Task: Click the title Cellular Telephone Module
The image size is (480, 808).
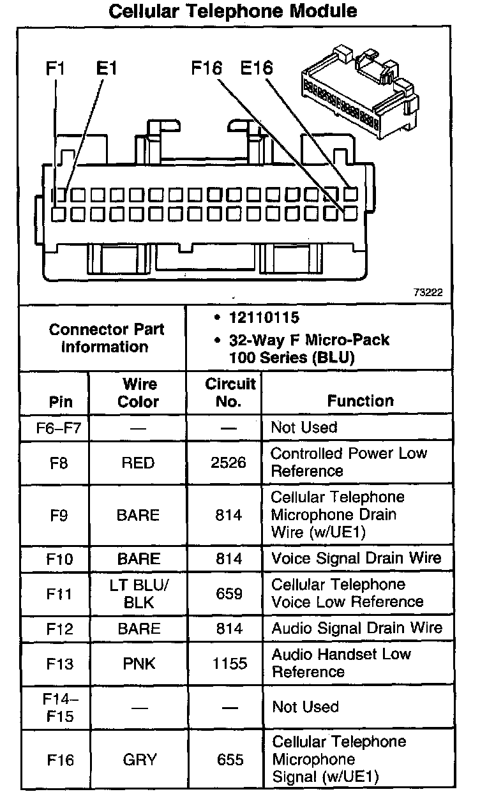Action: [x=233, y=11]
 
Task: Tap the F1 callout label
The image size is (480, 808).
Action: [x=56, y=68]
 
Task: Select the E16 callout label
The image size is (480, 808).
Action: [x=257, y=68]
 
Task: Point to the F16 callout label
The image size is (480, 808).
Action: [x=207, y=68]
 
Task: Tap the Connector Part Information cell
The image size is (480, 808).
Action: [x=107, y=338]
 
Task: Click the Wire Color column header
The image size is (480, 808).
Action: [x=139, y=393]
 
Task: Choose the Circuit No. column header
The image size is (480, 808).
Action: [x=230, y=393]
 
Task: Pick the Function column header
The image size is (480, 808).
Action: [x=361, y=401]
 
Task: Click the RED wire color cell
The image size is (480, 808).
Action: [x=139, y=463]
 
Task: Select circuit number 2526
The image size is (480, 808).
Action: [x=229, y=463]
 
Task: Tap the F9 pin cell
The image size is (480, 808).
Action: [x=59, y=515]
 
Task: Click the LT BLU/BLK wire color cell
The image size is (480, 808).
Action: [x=139, y=594]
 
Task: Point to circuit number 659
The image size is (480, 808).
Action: [x=229, y=594]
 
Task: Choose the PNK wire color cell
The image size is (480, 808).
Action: [x=139, y=664]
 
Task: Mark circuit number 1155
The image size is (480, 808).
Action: [x=229, y=664]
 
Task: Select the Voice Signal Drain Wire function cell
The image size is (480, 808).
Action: [x=356, y=558]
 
